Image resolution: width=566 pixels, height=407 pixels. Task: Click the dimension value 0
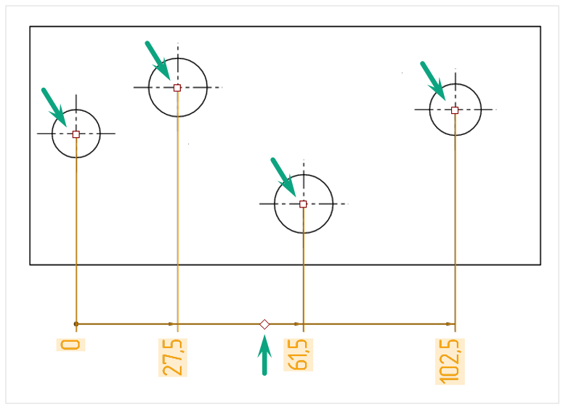70,345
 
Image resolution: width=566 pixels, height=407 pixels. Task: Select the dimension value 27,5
173,358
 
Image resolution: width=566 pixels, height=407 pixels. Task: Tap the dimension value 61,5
298,355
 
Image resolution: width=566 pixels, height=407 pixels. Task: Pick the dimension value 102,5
450,362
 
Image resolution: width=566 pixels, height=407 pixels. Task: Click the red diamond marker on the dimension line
264,324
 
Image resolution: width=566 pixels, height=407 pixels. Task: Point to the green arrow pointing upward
264,355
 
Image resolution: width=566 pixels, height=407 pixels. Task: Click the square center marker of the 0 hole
76,134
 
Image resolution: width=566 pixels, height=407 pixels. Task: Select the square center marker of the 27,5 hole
177,88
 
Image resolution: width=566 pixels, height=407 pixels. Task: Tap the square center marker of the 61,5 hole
303,205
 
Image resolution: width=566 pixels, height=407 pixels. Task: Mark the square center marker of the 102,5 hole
455,110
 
